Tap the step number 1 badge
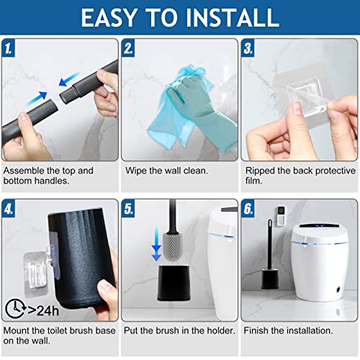coord(9,48)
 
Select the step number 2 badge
coord(128,48)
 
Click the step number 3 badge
coord(248,48)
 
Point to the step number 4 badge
coord(9,209)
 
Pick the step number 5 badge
coord(128,209)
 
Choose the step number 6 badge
coord(248,209)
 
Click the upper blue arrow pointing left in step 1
coord(69,79)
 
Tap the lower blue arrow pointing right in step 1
coord(37,99)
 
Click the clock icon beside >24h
coord(15,308)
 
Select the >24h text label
coord(43,310)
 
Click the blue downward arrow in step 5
coord(156,244)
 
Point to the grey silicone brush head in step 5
coord(173,246)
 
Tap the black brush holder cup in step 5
coord(174,283)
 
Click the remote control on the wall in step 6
coord(281,216)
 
